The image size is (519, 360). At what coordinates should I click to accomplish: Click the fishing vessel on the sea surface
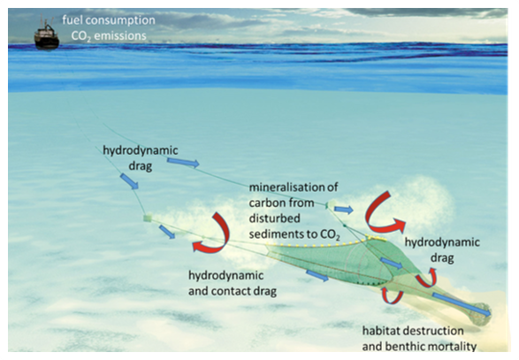pyautogui.click(x=47, y=33)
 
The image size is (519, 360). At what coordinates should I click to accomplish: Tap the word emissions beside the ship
pyautogui.click(x=120, y=35)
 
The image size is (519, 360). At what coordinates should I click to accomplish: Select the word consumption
pyautogui.click(x=119, y=20)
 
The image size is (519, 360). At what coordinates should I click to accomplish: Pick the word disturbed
pyautogui.click(x=275, y=218)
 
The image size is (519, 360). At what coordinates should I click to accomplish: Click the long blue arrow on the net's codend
pyautogui.click(x=462, y=304)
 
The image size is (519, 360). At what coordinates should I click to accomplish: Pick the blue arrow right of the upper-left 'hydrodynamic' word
pyautogui.click(x=183, y=162)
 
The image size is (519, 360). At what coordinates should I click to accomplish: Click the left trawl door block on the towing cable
pyautogui.click(x=148, y=218)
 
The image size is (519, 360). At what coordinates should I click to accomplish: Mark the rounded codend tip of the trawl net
pyautogui.click(x=482, y=313)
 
